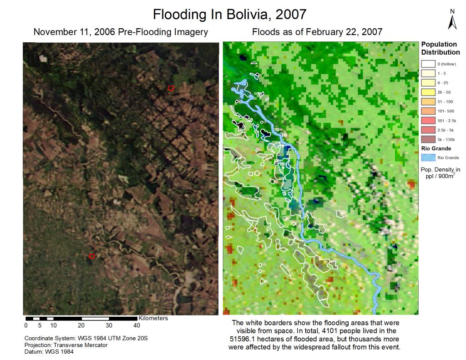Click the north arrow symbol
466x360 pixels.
tap(453, 21)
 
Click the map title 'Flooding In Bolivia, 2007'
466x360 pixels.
tap(229, 14)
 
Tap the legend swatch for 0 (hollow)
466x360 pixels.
tap(428, 64)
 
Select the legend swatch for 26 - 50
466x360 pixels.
tap(428, 92)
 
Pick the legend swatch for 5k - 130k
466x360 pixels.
tap(428, 139)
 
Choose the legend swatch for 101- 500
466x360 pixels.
tap(428, 111)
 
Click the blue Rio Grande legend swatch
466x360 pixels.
tap(428, 157)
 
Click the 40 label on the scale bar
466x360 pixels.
tap(137, 325)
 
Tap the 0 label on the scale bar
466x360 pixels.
tap(25, 325)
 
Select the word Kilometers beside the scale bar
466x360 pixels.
tap(153, 318)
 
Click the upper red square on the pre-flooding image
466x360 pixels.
tap(171, 88)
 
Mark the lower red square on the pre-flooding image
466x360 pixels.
tap(91, 256)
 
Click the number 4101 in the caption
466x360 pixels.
tap(323, 330)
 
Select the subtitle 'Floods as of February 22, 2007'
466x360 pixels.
tap(317, 32)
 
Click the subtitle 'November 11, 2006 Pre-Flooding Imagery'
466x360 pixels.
tap(121, 32)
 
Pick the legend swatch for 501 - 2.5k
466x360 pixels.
tap(428, 120)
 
